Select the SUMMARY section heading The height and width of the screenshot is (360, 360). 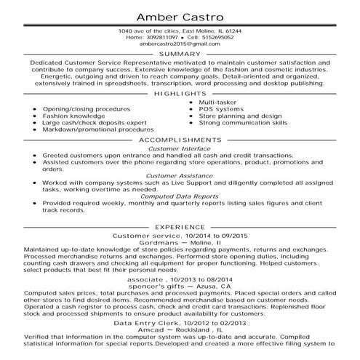coord(180,55)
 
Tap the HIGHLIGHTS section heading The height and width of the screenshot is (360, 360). coord(180,95)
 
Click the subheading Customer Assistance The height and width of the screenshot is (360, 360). coord(180,175)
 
